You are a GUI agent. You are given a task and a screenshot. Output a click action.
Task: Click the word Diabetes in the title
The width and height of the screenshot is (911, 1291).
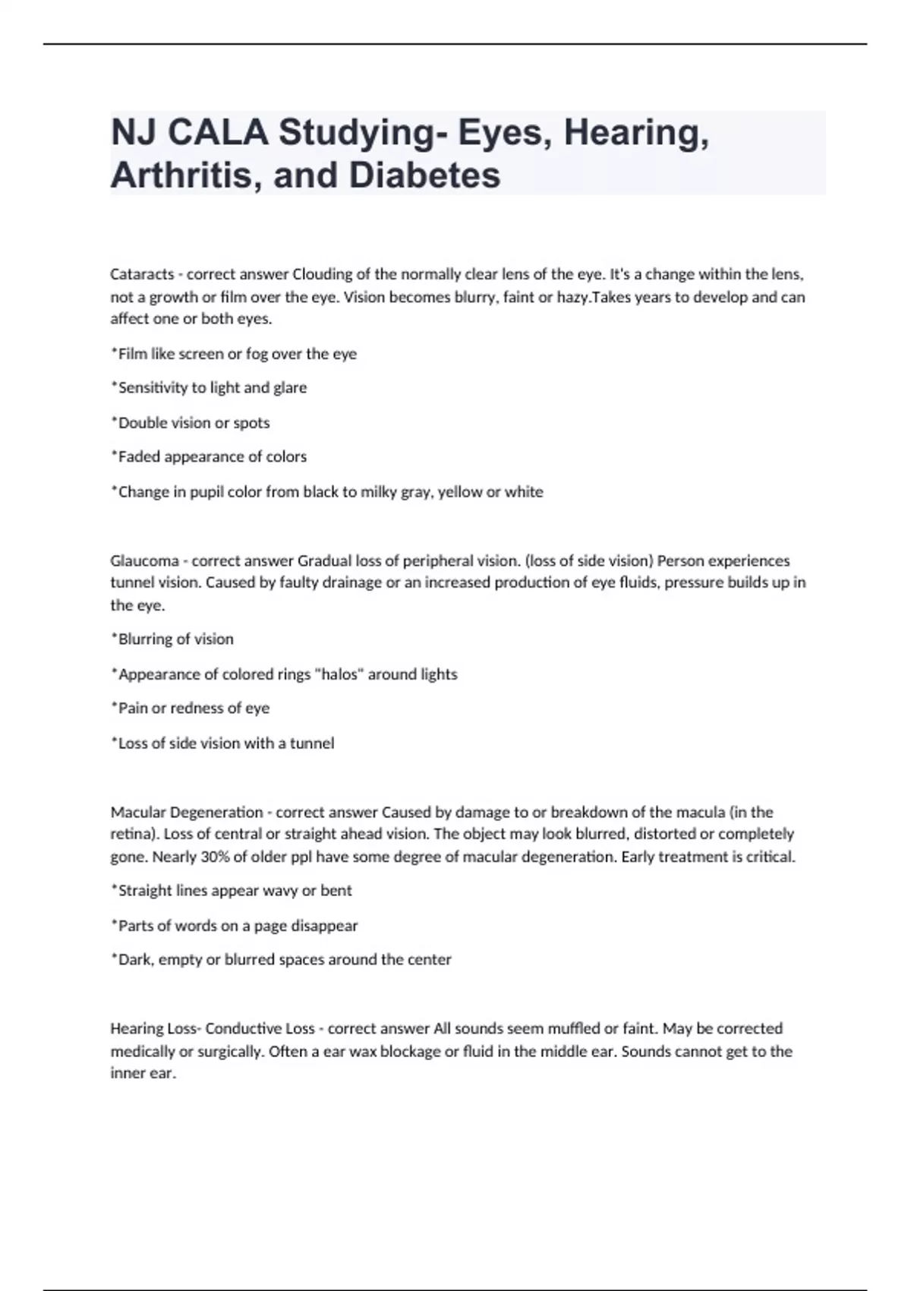[x=424, y=175]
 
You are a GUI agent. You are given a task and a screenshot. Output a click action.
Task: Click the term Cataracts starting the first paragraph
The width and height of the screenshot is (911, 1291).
[x=142, y=274]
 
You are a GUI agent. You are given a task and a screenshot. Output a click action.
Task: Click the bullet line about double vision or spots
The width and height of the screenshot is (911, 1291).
[x=191, y=423]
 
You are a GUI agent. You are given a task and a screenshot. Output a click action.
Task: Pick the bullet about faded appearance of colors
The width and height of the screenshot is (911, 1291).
[x=209, y=457]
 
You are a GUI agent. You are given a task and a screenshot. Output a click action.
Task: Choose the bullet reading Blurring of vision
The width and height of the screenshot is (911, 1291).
[x=172, y=639]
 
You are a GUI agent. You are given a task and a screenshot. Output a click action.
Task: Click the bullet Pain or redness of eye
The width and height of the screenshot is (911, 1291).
[x=191, y=709]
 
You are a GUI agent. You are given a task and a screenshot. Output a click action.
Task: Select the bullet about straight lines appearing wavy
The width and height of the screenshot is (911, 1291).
[x=232, y=891]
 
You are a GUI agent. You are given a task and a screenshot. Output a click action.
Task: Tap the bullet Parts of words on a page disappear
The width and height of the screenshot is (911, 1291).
[x=235, y=926]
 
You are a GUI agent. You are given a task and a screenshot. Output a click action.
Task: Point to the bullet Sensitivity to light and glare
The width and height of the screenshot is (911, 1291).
[x=209, y=388]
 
